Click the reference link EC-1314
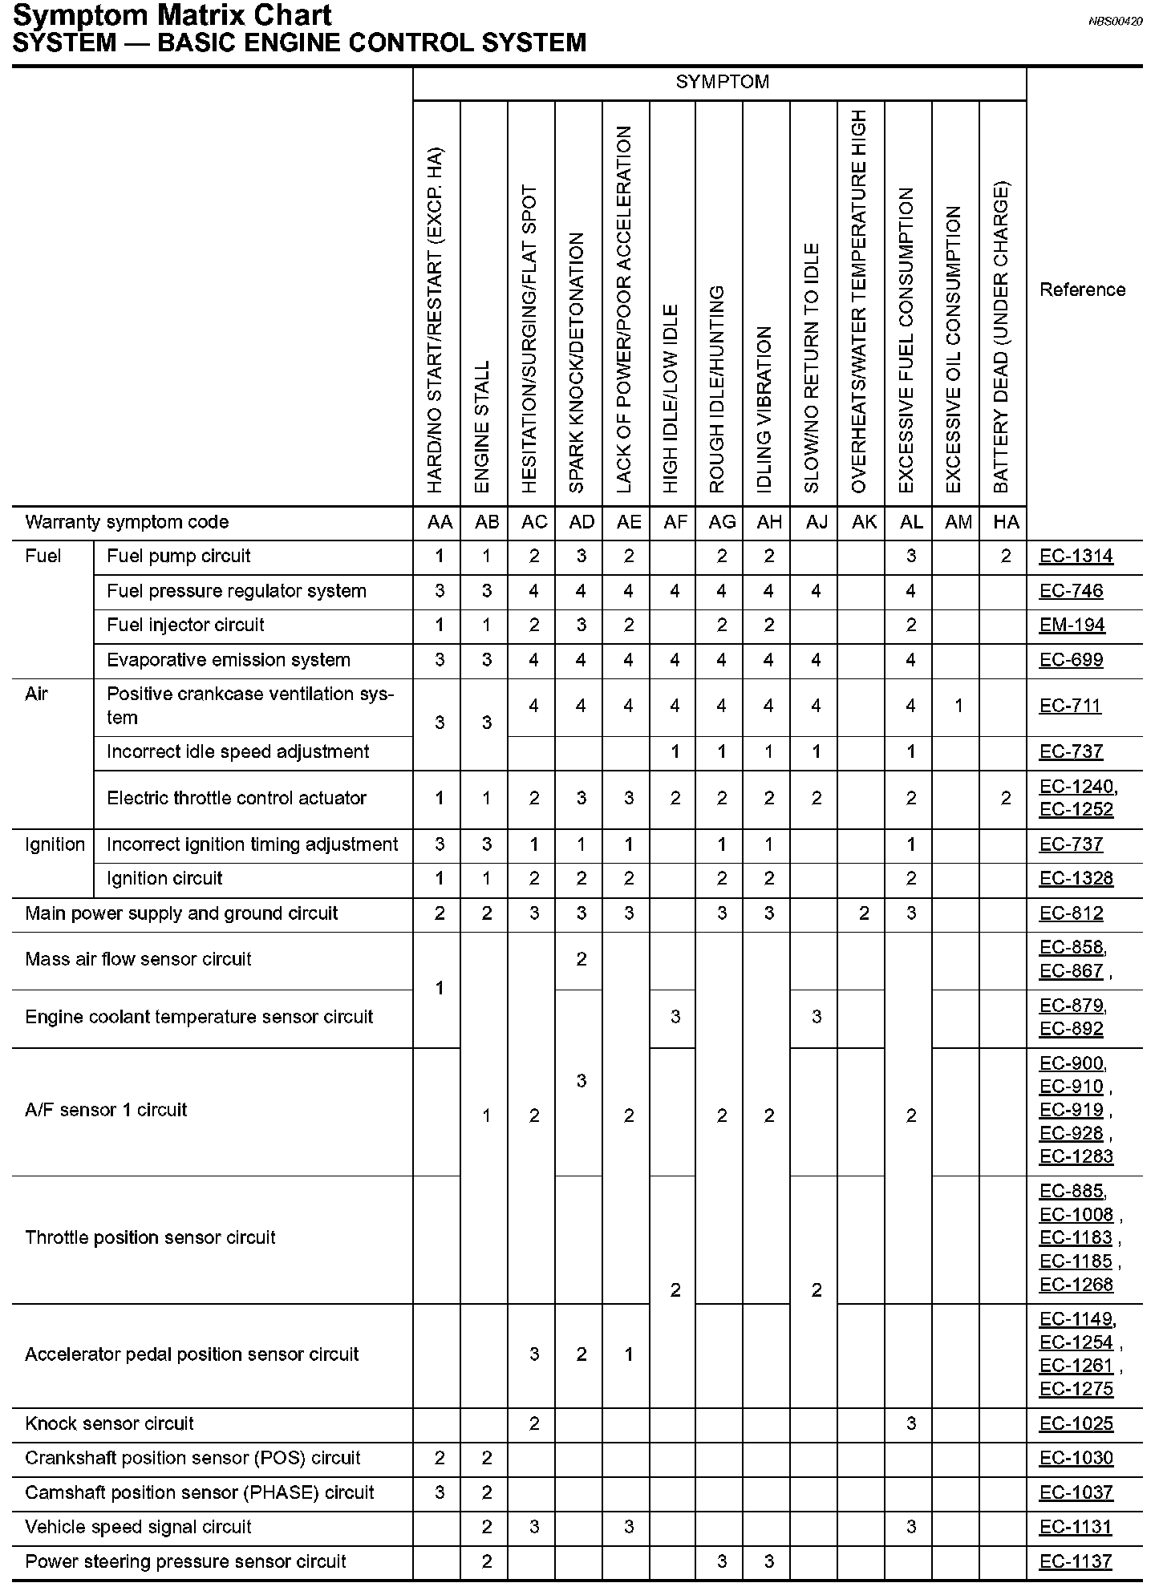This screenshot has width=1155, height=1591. (1076, 557)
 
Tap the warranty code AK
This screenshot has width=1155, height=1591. (863, 523)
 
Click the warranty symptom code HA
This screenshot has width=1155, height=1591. (1006, 523)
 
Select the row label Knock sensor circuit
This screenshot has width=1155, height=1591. (109, 1423)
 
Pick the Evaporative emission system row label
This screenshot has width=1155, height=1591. (229, 660)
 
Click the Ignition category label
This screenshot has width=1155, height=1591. (55, 844)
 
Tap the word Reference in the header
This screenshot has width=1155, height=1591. (1082, 289)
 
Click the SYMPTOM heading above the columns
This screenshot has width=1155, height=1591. (722, 82)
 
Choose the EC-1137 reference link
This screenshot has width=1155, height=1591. (1076, 1561)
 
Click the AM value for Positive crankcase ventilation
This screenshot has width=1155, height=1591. (958, 706)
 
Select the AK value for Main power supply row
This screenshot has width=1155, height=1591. (863, 913)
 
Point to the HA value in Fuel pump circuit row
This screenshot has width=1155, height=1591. (1006, 557)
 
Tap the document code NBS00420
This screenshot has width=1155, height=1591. (1115, 22)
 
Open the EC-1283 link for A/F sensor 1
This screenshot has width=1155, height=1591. (1076, 1156)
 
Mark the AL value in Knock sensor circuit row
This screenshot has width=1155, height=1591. (910, 1423)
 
